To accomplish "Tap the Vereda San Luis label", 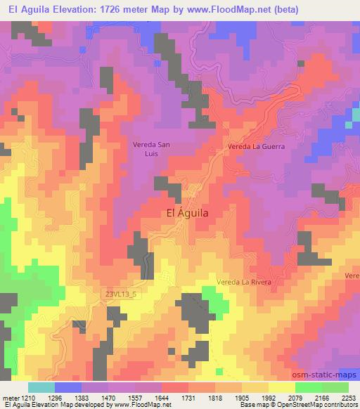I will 151,148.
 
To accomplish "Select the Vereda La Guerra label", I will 254,147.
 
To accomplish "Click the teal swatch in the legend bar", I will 41,387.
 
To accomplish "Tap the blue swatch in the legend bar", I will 68,387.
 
